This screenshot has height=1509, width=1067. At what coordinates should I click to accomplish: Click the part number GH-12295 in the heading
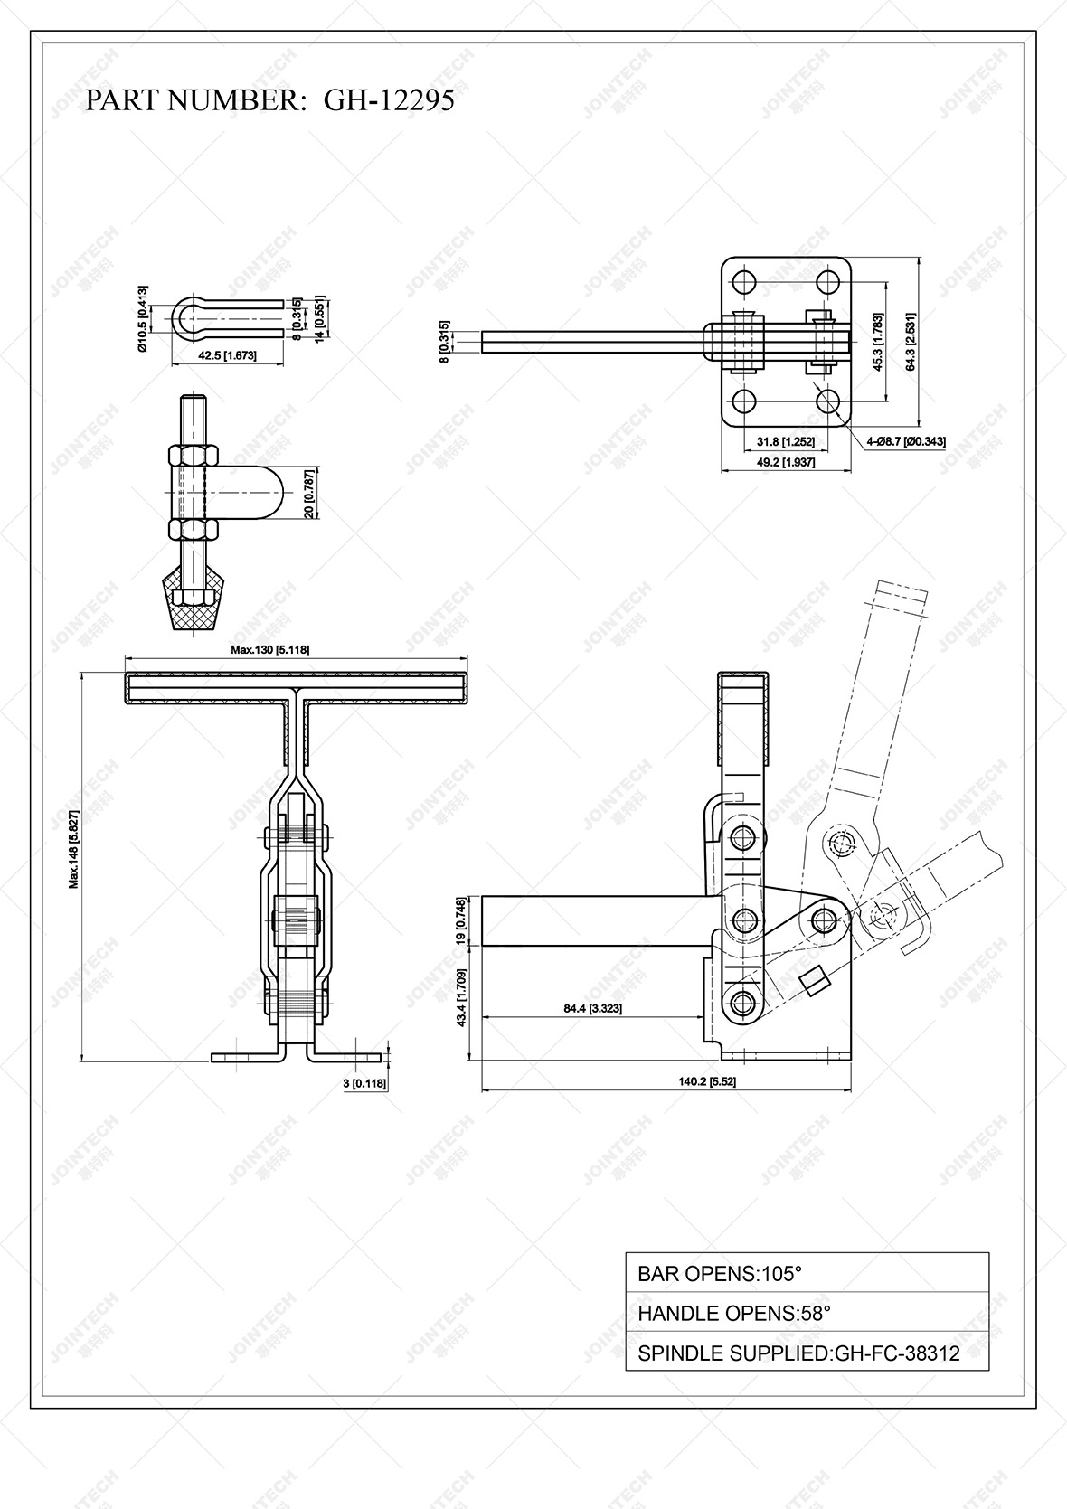point(389,100)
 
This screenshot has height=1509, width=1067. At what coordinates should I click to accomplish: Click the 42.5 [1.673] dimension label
point(227,355)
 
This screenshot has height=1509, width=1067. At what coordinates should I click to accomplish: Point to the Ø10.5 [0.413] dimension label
point(143,319)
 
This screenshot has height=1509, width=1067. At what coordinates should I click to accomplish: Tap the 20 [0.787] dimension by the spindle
point(309,493)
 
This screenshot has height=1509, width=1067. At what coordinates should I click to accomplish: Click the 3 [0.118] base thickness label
point(364,1082)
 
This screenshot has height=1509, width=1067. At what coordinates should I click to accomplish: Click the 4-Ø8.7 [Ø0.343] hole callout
point(906,441)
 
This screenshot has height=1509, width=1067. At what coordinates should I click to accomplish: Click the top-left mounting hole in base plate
point(744,280)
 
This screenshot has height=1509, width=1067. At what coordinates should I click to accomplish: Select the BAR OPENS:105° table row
point(807,1273)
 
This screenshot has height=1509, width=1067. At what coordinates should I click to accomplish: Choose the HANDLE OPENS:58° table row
point(807,1313)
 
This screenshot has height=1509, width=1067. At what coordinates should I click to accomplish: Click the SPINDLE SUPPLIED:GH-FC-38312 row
point(807,1353)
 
